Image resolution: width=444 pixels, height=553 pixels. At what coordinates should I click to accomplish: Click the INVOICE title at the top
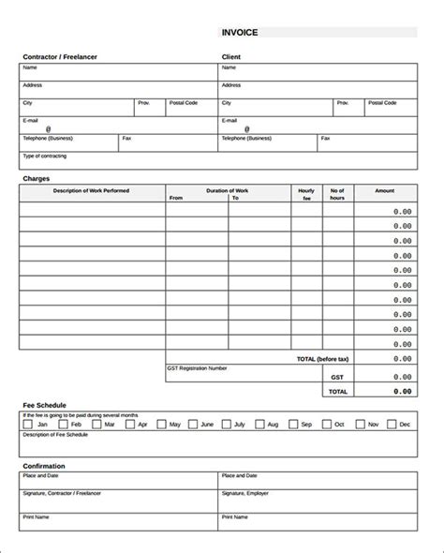240,33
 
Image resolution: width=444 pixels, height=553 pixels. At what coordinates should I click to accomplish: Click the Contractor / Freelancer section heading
59,57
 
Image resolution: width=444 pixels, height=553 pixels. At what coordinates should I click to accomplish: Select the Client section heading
231,57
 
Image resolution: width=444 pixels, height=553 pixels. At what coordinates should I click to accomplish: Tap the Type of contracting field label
44,155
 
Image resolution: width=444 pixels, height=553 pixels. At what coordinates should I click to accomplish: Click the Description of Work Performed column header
92,190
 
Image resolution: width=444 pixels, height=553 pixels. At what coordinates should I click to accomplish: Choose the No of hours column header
338,194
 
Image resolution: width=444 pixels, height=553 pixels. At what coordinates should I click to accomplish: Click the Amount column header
385,190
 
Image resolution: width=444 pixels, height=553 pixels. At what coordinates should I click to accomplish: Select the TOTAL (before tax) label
318,358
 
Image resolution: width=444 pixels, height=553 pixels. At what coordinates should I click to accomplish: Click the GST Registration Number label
198,367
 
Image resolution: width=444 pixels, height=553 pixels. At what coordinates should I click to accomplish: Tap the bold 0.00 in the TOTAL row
402,391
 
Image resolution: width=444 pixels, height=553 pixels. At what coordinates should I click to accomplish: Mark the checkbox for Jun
193,425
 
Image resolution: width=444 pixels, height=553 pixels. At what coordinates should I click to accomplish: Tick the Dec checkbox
391,425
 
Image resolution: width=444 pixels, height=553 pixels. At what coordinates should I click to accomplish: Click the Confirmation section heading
46,465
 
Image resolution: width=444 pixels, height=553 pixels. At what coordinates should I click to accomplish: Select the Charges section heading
37,177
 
